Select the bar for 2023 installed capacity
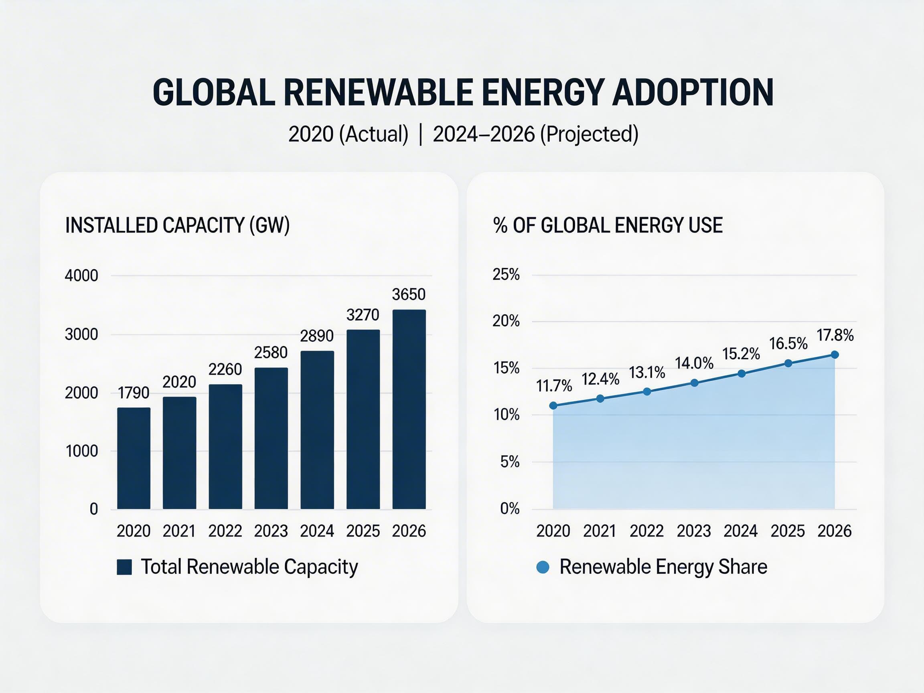coord(271,438)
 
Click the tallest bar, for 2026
coord(409,409)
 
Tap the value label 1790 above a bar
coord(133,393)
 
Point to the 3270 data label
coord(363,315)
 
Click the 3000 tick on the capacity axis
coord(81,334)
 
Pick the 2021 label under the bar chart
coord(179,531)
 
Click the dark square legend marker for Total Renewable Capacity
coord(124,567)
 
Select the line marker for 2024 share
coord(742,373)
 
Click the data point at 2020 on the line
coord(553,405)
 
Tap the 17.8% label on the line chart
coord(835,335)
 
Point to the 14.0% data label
coord(694,363)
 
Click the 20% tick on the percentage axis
coord(506,321)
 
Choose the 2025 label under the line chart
coord(787,531)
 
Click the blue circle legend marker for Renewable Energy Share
coord(543,567)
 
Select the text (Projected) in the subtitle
coord(589,134)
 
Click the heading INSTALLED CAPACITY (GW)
coord(177,225)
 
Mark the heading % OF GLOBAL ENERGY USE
coord(608,225)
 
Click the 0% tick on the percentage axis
coord(510,509)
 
